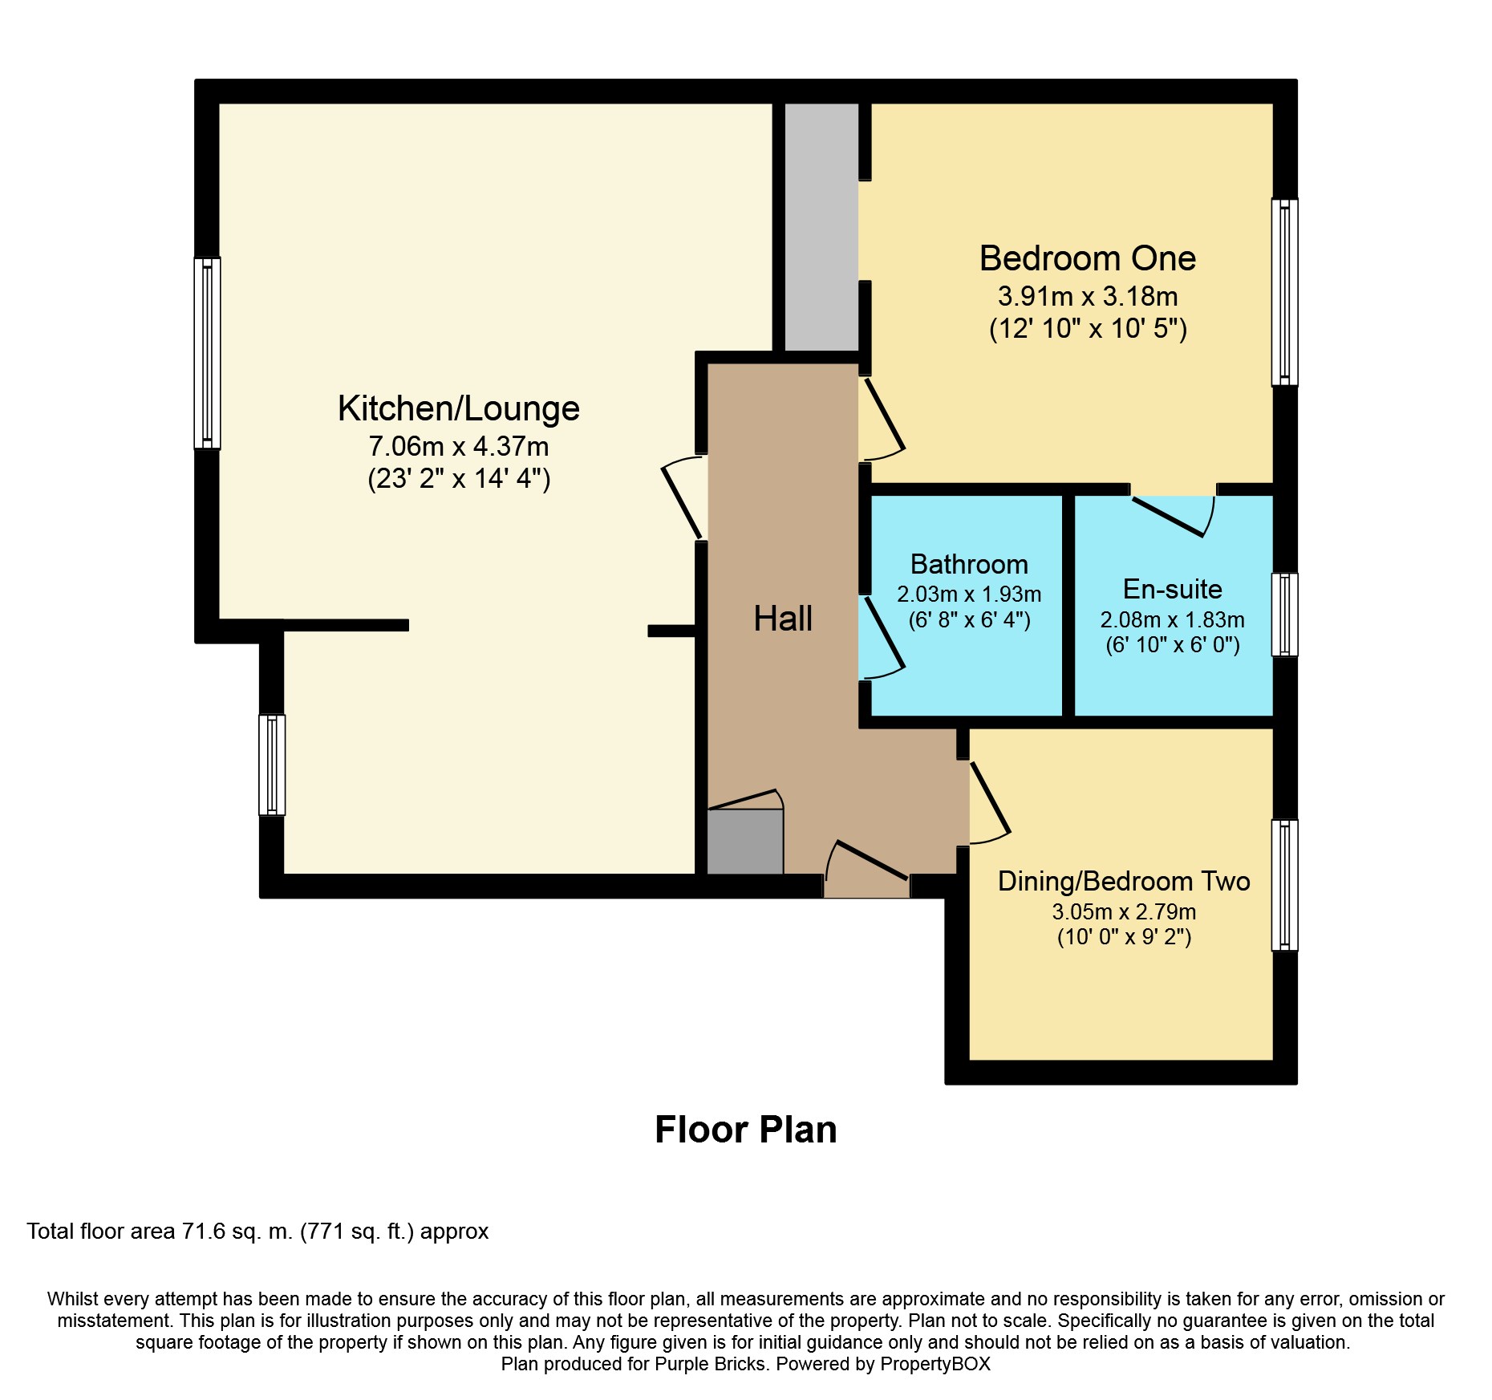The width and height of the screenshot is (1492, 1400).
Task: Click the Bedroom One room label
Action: coord(1087,258)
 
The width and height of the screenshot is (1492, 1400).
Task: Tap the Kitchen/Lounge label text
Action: coord(458,408)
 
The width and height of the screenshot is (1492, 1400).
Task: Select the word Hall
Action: coord(783,619)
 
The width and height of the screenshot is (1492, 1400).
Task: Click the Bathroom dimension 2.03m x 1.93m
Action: coord(969,594)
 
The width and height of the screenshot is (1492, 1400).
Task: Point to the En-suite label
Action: coord(1172,589)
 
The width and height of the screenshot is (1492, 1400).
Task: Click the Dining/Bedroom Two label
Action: coord(1123,881)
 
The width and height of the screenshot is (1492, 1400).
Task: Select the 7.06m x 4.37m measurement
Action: coord(458,446)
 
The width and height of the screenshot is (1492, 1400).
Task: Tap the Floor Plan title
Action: coord(745,1130)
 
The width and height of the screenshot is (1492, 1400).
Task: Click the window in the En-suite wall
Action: coord(1284,615)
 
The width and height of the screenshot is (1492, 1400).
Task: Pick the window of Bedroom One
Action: coord(1284,292)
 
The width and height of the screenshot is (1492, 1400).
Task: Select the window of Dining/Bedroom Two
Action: coord(1284,885)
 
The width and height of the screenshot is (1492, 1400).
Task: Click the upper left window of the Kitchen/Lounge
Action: coord(208,353)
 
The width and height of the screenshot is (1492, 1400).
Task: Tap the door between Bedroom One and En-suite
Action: coord(1173,513)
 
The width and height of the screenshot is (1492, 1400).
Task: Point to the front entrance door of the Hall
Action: coord(868,870)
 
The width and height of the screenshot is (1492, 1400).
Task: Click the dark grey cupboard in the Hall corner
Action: coord(745,842)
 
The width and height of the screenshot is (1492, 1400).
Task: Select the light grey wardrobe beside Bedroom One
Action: coord(821,227)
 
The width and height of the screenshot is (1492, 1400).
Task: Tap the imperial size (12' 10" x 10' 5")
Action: coord(1087,329)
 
